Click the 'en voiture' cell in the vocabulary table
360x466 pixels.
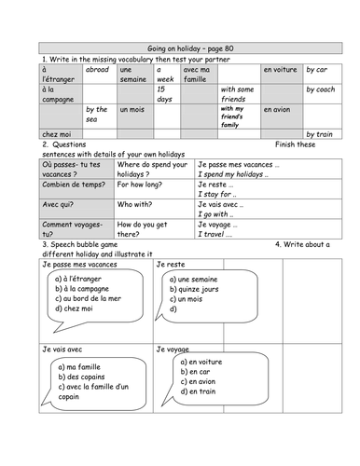(x=279, y=69)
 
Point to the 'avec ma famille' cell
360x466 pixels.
(x=197, y=74)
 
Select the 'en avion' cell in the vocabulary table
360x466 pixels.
(x=278, y=110)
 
